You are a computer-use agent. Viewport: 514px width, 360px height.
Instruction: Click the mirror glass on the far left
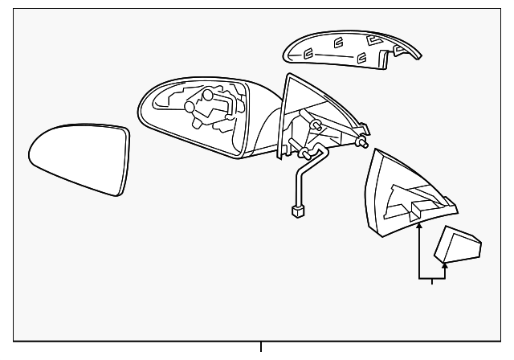point(76,158)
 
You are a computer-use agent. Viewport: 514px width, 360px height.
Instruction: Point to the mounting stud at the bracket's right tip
point(365,143)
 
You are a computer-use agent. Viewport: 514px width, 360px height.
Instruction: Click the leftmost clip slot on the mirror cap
point(308,55)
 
